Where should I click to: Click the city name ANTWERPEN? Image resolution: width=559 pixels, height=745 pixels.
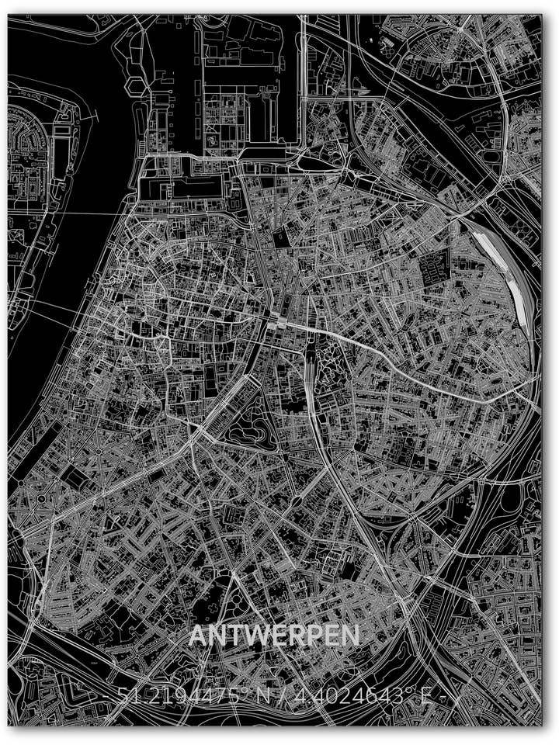pos(275,635)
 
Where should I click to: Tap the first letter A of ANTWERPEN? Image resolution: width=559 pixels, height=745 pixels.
pos(198,635)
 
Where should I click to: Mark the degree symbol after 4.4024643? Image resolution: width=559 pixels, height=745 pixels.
pos(408,692)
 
